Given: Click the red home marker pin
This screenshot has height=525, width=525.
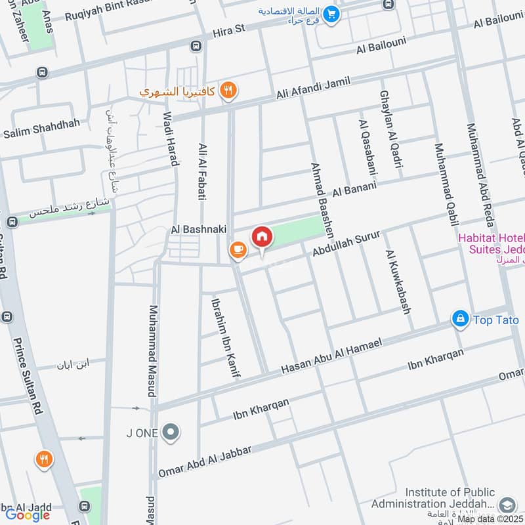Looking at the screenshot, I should pyautogui.click(x=262, y=237).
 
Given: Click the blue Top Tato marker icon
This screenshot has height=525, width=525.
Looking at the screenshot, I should pyautogui.click(x=460, y=319).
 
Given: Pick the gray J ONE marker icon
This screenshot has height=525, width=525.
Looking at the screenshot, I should pyautogui.click(x=171, y=432).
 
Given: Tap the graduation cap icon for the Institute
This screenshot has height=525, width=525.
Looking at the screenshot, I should pyautogui.click(x=506, y=504).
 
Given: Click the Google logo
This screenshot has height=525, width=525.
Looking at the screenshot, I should pyautogui.click(x=28, y=514).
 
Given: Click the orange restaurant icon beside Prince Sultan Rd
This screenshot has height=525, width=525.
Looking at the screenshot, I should pyautogui.click(x=44, y=459).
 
